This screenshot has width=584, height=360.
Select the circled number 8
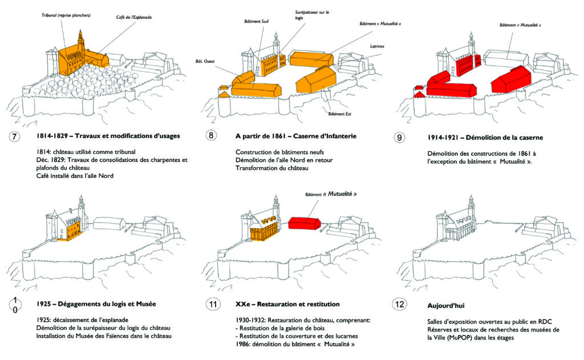212,136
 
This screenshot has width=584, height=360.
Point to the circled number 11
212,304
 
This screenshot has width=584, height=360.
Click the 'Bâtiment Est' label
339,113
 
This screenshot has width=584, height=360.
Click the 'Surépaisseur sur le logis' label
312,14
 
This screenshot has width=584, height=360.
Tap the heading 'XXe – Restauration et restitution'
287,304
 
